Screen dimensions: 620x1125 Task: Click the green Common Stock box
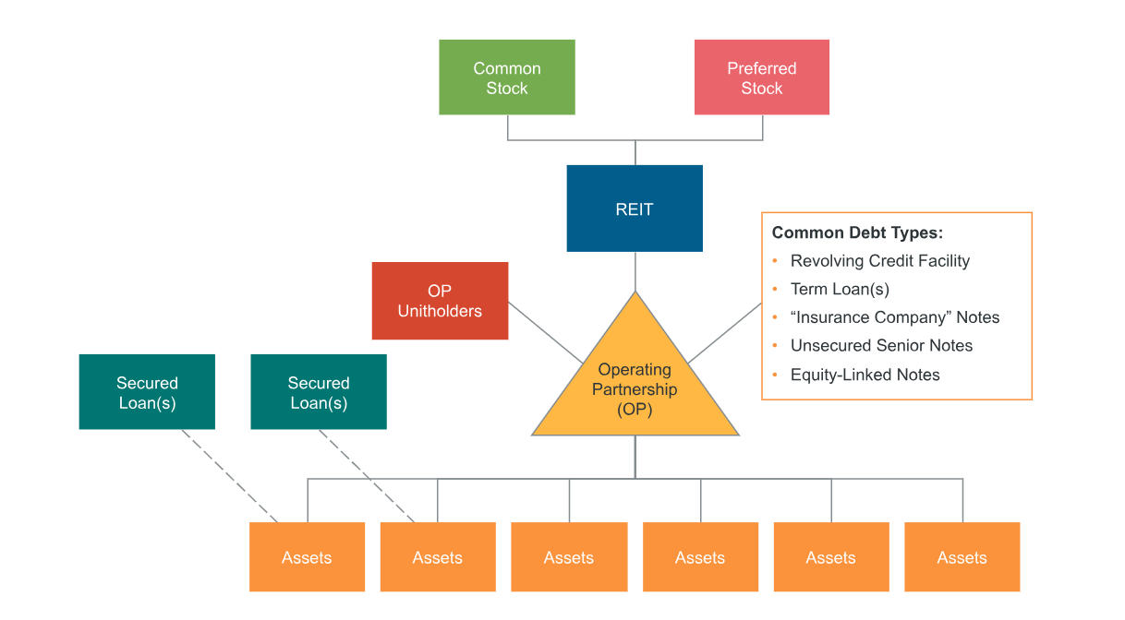[x=506, y=77]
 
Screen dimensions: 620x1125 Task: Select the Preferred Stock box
[x=761, y=77]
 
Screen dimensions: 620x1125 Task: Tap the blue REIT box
[x=635, y=209]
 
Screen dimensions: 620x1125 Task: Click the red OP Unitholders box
[x=440, y=301]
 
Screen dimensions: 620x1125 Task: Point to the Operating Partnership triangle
[x=635, y=387]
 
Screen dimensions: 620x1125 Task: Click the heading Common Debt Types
[x=856, y=232]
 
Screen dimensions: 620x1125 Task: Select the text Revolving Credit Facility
[x=879, y=261]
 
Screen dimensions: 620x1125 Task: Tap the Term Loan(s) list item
[x=840, y=289]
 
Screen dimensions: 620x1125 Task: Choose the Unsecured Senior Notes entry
[x=881, y=346]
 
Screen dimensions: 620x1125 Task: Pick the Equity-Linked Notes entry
[x=865, y=375]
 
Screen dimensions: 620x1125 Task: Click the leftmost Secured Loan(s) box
[x=147, y=392]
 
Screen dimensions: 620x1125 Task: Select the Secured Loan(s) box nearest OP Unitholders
[x=319, y=392]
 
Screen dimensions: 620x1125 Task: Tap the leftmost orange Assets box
[x=307, y=557]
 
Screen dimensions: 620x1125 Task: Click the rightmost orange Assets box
[x=962, y=557]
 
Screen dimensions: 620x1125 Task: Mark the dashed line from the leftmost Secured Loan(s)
[x=229, y=475]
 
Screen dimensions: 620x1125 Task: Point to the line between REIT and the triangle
[x=635, y=271]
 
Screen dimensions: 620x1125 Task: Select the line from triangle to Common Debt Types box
[x=725, y=333]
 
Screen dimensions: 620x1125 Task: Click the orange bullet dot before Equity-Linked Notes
[x=776, y=375]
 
